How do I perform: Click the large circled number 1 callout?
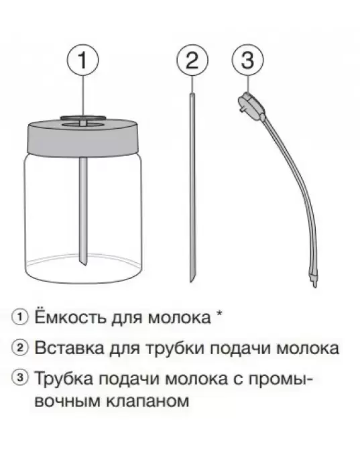tap(83, 60)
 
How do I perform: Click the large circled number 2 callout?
tap(192, 60)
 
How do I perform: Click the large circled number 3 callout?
tap(248, 60)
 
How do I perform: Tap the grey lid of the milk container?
tap(84, 137)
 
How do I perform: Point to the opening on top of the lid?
tap(82, 120)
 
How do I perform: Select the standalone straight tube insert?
tap(192, 187)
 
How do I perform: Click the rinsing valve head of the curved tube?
tap(251, 105)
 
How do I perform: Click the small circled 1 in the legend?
tap(20, 317)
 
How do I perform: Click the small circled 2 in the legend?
tap(20, 348)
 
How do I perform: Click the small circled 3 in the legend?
tap(20, 378)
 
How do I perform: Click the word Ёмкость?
tap(70, 316)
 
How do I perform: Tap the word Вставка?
tap(70, 348)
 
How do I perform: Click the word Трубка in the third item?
tap(64, 380)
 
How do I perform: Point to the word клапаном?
tap(147, 401)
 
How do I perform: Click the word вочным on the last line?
tap(68, 401)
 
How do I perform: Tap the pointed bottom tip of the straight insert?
tap(192, 282)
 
